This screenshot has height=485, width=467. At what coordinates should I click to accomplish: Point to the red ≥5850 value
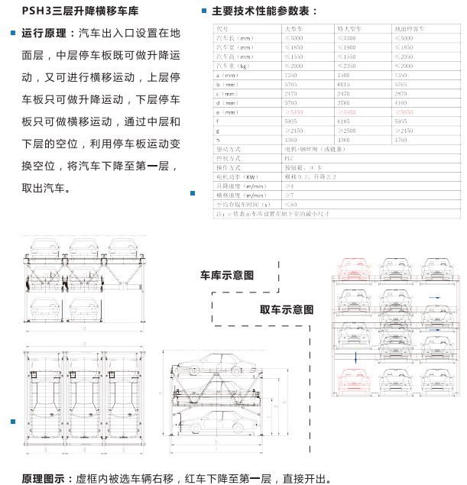point(405,112)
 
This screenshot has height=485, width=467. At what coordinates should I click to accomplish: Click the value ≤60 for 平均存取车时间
point(290,204)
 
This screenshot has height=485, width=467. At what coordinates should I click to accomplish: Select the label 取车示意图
point(287,310)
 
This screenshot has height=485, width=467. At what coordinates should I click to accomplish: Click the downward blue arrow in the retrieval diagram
point(355,357)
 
